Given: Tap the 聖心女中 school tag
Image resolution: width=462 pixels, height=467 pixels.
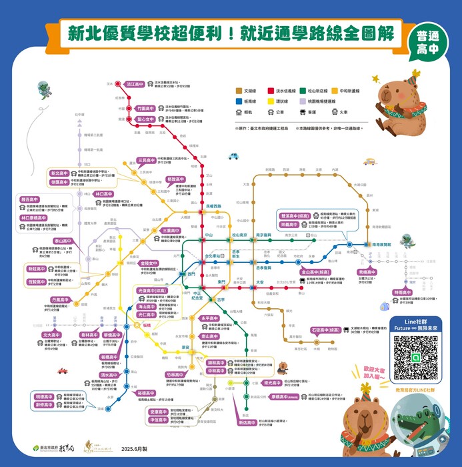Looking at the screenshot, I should [x=145, y=119].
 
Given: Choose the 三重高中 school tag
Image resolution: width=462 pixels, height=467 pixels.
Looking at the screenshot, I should [x=171, y=231].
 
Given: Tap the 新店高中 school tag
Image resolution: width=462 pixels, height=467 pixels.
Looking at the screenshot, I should [x=247, y=422].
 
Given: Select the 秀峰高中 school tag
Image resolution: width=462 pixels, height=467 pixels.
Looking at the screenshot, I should [x=367, y=273].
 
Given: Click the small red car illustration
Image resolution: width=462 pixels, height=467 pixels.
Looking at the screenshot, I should [x=62, y=371].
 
